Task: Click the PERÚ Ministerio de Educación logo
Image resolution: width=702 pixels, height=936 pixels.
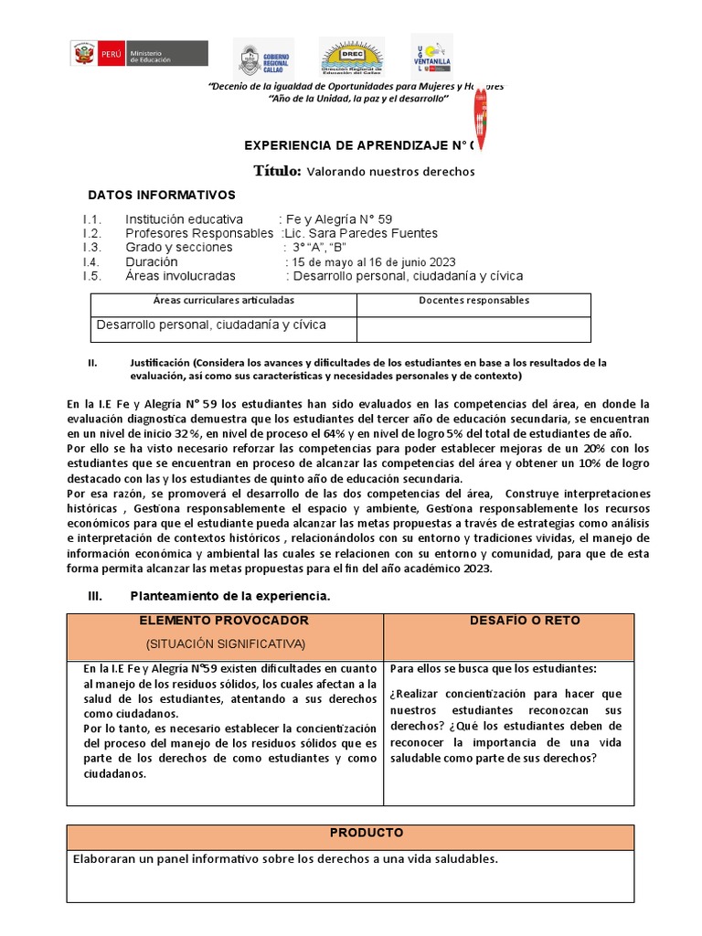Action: pos(139,54)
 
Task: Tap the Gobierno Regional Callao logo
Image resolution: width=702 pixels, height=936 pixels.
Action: pos(262,58)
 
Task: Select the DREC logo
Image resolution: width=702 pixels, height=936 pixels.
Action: pos(351,58)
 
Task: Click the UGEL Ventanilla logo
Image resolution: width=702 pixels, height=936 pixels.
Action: pos(431,55)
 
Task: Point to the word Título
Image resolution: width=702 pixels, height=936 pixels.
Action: pos(277,171)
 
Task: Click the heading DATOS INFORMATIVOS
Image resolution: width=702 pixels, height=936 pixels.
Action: pos(161,195)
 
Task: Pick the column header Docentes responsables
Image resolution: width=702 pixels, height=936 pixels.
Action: pos(473,300)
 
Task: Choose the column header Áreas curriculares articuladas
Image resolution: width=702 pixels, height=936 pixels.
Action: pos(224,300)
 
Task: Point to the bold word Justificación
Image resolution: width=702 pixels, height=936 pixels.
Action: pos(159,363)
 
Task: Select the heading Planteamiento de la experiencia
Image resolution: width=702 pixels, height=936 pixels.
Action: pos(229,596)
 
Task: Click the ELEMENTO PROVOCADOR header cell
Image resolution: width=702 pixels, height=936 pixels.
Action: pos(224,621)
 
